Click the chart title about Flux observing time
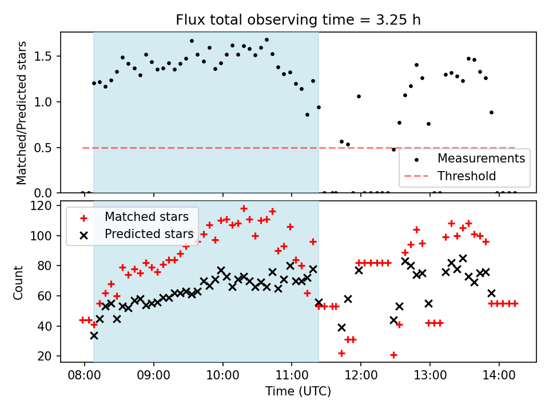point(298,21)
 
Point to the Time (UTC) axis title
point(298,392)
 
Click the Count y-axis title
point(19,282)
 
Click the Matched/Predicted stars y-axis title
point(22,113)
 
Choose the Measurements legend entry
point(481,158)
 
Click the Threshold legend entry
point(466,175)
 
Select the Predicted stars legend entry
point(149,234)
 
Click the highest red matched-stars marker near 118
point(244,209)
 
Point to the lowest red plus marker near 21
point(393,355)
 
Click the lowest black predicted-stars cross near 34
point(94,335)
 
